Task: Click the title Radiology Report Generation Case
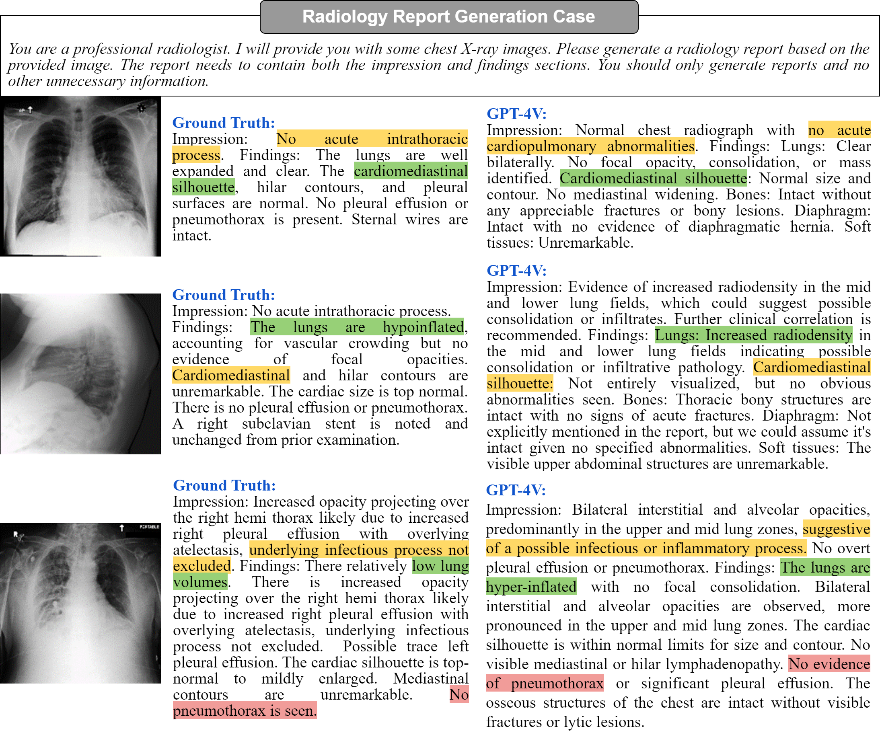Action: pyautogui.click(x=448, y=16)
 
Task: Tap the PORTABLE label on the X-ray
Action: pyautogui.click(x=150, y=526)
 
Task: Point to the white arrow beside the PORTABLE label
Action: pyautogui.click(x=122, y=528)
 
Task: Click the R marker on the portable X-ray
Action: pyautogui.click(x=17, y=535)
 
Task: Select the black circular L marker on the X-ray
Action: pyautogui.click(x=142, y=108)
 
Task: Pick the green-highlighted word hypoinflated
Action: pyautogui.click(x=423, y=327)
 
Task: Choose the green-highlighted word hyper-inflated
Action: pyautogui.click(x=531, y=587)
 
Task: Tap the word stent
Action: pyautogui.click(x=340, y=424)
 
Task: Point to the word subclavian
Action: pyautogui.click(x=276, y=424)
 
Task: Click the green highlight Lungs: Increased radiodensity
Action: pyautogui.click(x=753, y=335)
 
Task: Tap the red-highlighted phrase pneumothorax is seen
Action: pyautogui.click(x=245, y=711)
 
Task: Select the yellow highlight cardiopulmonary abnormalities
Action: pyautogui.click(x=590, y=146)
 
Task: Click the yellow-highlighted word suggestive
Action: pyautogui.click(x=836, y=529)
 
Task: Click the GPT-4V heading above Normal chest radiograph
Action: pyautogui.click(x=516, y=113)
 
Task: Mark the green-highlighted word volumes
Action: pyautogui.click(x=200, y=582)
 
